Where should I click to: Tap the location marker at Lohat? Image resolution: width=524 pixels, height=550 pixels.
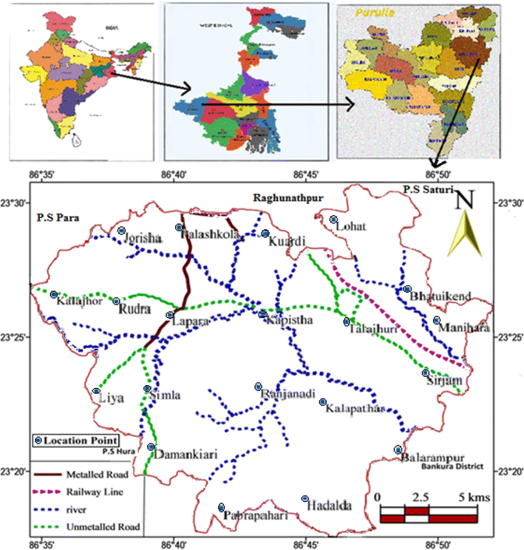(333, 220)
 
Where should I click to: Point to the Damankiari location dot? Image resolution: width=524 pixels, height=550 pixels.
(151, 447)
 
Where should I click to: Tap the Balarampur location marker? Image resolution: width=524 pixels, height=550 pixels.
(398, 449)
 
